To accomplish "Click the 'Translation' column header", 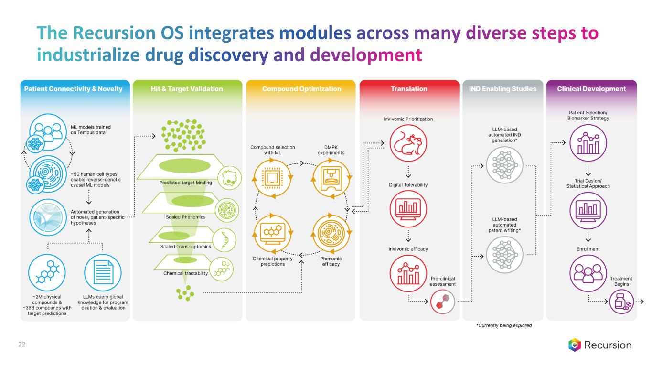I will (409, 89).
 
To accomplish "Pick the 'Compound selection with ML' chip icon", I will (273, 177).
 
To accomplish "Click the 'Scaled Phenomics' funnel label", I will (186, 217).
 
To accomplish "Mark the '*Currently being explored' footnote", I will (503, 325).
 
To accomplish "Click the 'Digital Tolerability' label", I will (408, 185).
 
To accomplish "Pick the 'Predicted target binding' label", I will (186, 183).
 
